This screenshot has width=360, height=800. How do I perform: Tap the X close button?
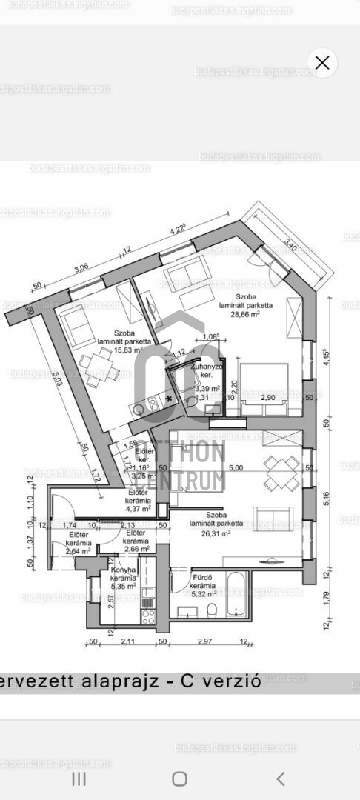322,63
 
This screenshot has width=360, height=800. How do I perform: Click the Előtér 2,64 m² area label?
79,543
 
